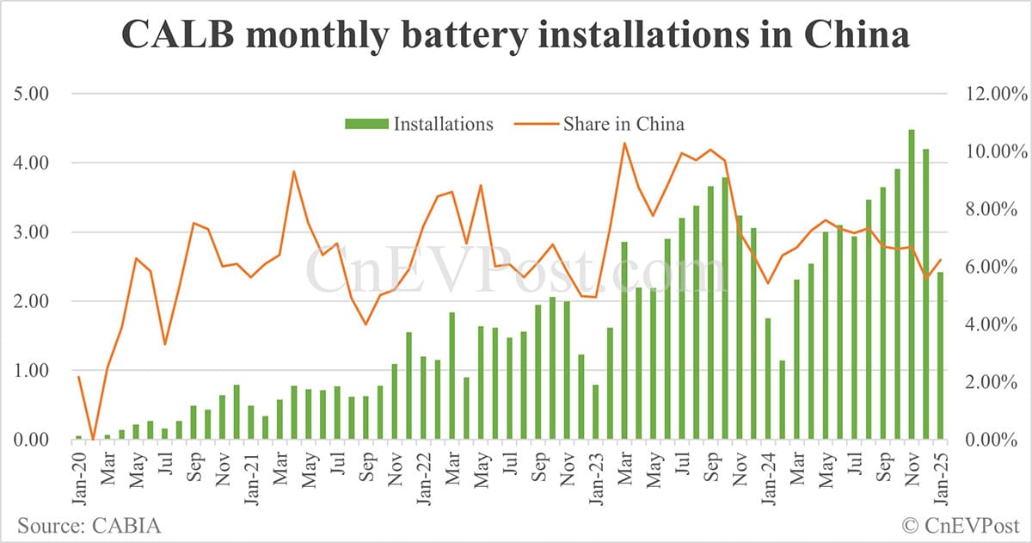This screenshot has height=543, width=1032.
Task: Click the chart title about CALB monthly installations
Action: [x=515, y=37]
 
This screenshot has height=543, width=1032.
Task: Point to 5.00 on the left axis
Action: [x=32, y=94]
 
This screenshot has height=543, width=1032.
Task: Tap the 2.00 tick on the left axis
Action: [x=32, y=301]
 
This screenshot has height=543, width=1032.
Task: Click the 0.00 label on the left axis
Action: [x=32, y=440]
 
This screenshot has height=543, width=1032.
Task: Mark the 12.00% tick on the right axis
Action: [x=995, y=94]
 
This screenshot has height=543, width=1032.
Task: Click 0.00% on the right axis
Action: [x=998, y=440]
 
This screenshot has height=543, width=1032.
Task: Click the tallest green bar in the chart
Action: [x=912, y=284]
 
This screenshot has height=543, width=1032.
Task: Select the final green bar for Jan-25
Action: [x=940, y=356]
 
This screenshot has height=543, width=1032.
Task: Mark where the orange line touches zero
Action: [x=93, y=439]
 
